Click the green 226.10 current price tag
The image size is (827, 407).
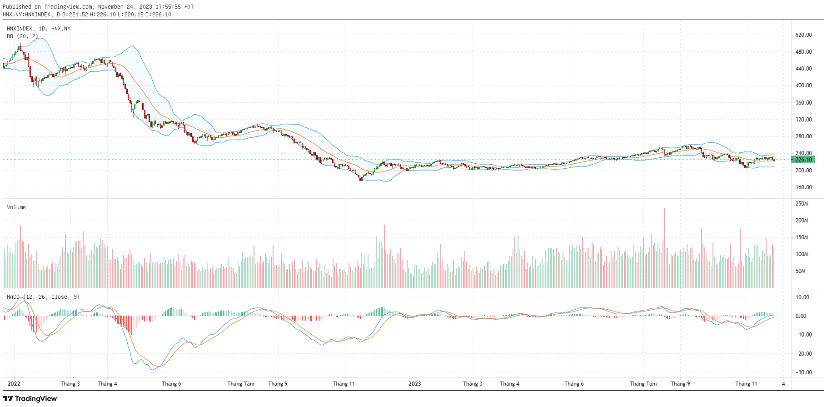coord(803,160)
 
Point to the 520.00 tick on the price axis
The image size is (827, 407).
coord(803,35)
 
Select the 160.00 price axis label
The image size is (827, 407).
coord(803,187)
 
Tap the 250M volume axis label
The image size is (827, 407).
coord(802,204)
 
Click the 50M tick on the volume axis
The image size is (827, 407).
coord(800,271)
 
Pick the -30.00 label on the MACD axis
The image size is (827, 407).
coord(802,372)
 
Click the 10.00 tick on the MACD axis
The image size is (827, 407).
coord(802,297)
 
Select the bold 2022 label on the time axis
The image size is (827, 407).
coord(14,384)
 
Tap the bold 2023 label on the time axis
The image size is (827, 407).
coord(414,384)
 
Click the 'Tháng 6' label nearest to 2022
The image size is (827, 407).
coord(171,384)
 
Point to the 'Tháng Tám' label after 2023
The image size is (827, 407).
coord(643,384)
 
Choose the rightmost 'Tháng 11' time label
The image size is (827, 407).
coord(746,384)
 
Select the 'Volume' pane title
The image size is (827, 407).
coord(16,207)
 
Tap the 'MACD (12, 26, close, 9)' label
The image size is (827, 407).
coord(43,297)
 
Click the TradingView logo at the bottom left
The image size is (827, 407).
coord(30,399)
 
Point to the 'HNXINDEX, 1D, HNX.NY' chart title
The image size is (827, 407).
coord(39,29)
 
